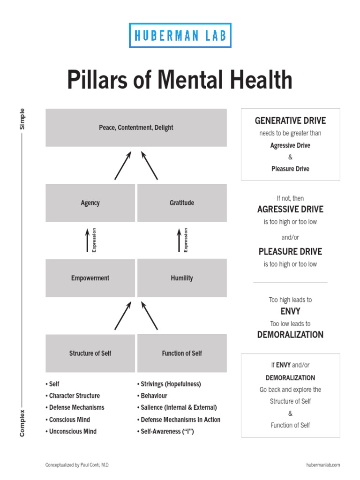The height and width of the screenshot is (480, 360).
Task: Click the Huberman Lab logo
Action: click(x=180, y=35)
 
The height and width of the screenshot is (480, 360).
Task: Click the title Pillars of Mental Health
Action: click(x=180, y=80)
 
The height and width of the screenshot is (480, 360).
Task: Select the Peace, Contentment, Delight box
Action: click(x=136, y=127)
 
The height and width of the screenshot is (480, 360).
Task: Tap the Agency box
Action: click(x=90, y=203)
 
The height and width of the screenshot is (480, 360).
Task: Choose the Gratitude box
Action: click(x=182, y=203)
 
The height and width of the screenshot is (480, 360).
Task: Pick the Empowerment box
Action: click(x=90, y=278)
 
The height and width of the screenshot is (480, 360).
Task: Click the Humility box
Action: click(x=182, y=278)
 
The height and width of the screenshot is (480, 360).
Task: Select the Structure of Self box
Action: click(x=90, y=353)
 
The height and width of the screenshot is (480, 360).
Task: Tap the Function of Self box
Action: click(x=182, y=353)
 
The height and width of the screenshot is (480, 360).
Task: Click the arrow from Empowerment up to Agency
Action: click(x=87, y=240)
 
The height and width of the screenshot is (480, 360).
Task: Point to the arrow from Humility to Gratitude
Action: click(x=179, y=240)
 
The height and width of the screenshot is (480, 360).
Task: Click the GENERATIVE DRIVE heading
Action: click(x=290, y=120)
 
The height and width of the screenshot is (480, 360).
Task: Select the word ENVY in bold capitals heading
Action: click(x=290, y=311)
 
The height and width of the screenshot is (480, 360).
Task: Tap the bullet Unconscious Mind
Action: click(x=73, y=431)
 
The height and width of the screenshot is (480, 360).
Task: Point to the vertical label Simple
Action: click(x=22, y=119)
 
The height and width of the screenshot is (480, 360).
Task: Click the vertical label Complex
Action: click(x=22, y=423)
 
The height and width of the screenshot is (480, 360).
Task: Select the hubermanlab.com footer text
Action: click(x=322, y=465)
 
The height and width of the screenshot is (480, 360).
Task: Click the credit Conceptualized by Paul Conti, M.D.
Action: click(x=77, y=465)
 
